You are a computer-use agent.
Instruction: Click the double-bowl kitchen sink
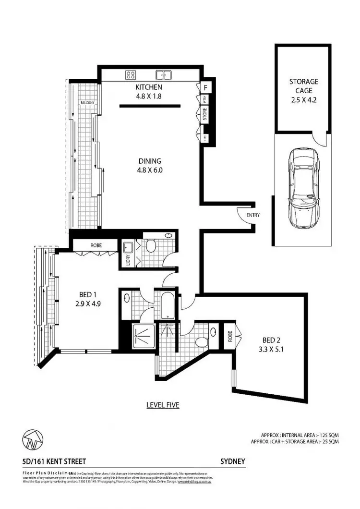pyautogui.click(x=164, y=75)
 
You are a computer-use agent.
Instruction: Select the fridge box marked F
pyautogui.click(x=205, y=88)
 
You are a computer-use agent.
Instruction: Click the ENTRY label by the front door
pyautogui.click(x=253, y=215)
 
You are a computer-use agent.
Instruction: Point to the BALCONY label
pyautogui.click(x=87, y=103)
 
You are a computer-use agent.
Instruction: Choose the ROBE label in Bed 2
pyautogui.click(x=230, y=336)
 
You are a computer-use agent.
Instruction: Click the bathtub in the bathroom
pyautogui.click(x=169, y=305)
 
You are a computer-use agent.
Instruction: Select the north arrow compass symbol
pyautogui.click(x=32, y=439)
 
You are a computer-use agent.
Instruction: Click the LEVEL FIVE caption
pyautogui.click(x=163, y=405)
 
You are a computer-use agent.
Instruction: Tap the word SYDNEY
pyautogui.click(x=233, y=461)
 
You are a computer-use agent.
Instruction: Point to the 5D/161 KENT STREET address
pyautogui.click(x=54, y=461)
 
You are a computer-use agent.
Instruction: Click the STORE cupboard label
pyautogui.click(x=205, y=115)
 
